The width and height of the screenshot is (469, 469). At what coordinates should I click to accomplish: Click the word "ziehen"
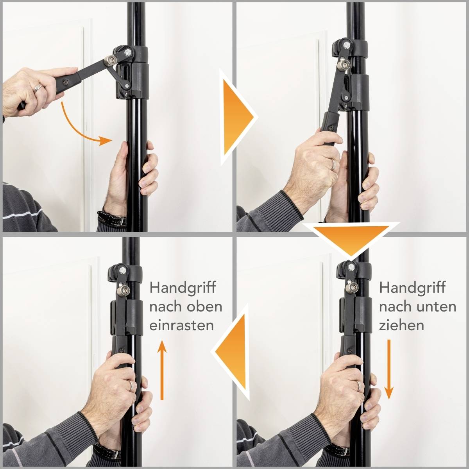401,325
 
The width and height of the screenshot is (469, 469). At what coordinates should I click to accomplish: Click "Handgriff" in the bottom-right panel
412,288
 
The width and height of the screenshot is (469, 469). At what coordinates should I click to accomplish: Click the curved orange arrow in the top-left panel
84,125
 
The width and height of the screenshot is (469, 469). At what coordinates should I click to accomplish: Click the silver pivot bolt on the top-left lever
111,60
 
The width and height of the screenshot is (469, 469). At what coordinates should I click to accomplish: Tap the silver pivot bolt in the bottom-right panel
351,288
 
